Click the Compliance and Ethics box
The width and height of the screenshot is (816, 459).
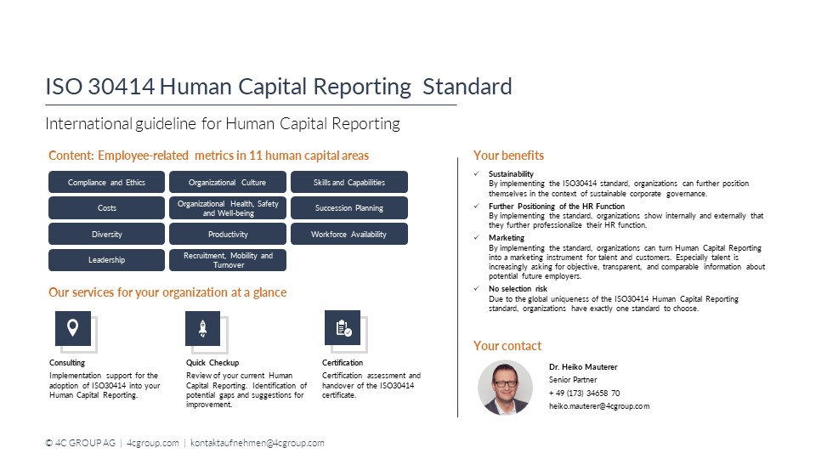107,182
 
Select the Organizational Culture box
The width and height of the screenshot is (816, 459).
228,182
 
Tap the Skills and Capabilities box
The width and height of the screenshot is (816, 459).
348,182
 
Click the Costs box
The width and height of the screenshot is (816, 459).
107,208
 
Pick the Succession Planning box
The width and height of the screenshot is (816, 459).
348,208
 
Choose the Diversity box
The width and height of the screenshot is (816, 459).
107,234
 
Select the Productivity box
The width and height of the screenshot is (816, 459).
228,234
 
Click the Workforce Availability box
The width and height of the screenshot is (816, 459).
348,234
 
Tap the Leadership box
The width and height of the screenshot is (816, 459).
107,260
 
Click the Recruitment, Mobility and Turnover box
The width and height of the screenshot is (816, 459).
228,260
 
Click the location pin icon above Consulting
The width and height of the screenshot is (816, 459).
73,328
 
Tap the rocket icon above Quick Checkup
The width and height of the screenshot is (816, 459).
202,328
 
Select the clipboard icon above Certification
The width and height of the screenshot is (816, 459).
343,328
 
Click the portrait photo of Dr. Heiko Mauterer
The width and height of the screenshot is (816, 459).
505,388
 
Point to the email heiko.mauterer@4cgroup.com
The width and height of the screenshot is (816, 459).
599,406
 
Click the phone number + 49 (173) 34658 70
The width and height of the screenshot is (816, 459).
584,394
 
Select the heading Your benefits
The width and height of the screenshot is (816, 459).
508,156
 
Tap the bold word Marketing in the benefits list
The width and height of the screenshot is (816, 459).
507,239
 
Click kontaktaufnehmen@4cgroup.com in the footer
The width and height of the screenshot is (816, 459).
258,444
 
